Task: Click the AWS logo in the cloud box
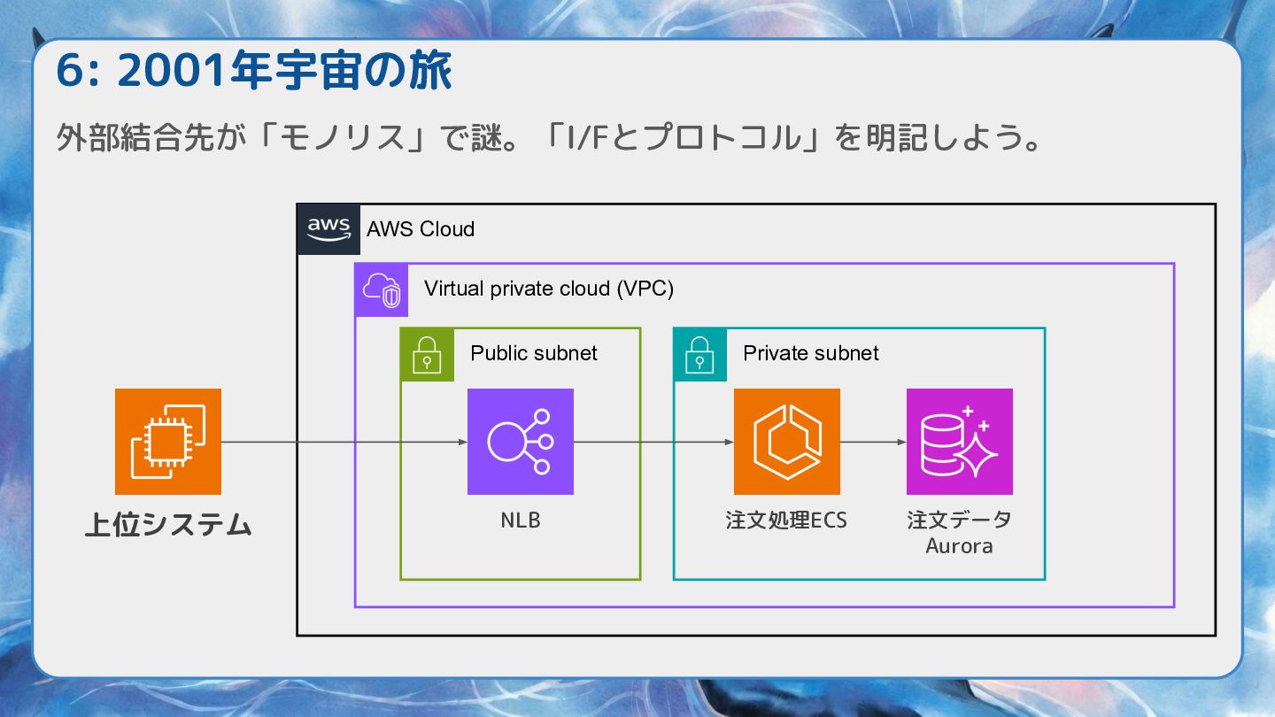pyautogui.click(x=328, y=228)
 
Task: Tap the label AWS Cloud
pyautogui.click(x=421, y=229)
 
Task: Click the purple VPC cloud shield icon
pyautogui.click(x=382, y=289)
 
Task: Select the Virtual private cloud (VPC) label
pyautogui.click(x=549, y=289)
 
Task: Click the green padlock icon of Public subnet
pyautogui.click(x=427, y=354)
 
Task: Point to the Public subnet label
pyautogui.click(x=534, y=353)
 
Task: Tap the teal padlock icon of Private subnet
pyautogui.click(x=699, y=354)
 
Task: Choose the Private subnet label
pyautogui.click(x=810, y=353)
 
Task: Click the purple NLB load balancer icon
pyautogui.click(x=521, y=442)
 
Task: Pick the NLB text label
pyautogui.click(x=521, y=520)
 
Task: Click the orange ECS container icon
pyautogui.click(x=786, y=442)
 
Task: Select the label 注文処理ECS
pyautogui.click(x=786, y=520)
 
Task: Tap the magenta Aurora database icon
pyautogui.click(x=959, y=442)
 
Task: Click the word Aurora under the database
pyautogui.click(x=959, y=546)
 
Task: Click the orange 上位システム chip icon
pyautogui.click(x=168, y=442)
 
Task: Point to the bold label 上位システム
pyautogui.click(x=168, y=525)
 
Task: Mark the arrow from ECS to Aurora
pyautogui.click(x=873, y=442)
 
